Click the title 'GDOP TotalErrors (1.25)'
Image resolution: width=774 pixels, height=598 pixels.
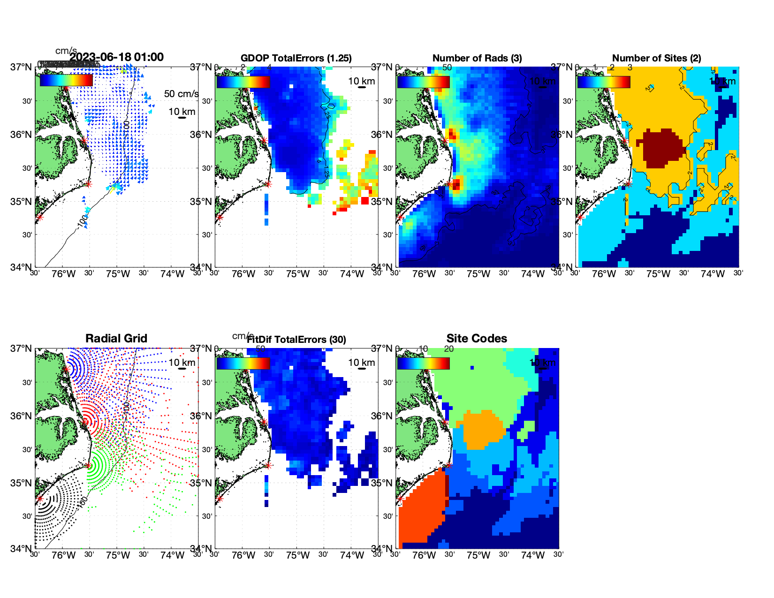pyautogui.click(x=296, y=58)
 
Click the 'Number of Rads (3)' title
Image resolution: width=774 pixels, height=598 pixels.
pyautogui.click(x=477, y=58)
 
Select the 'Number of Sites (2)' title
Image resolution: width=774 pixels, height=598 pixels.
pyautogui.click(x=656, y=58)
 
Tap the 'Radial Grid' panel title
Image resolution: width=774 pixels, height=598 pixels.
pyautogui.click(x=116, y=339)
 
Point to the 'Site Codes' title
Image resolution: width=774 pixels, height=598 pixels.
pyautogui.click(x=477, y=339)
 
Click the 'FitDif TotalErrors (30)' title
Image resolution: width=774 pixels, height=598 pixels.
pyautogui.click(x=296, y=340)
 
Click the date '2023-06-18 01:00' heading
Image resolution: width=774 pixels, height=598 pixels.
pyautogui.click(x=117, y=57)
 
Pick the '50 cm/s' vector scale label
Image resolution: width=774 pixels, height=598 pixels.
pyautogui.click(x=181, y=94)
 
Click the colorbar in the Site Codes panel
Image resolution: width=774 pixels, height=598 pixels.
pyautogui.click(x=423, y=363)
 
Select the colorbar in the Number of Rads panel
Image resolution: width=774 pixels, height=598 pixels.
pyautogui.click(x=423, y=82)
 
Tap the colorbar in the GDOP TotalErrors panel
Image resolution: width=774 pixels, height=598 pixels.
pyautogui.click(x=243, y=82)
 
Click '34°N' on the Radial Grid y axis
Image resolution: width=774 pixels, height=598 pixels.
pyautogui.click(x=21, y=548)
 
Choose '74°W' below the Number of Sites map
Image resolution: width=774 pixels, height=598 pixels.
pyautogui.click(x=713, y=274)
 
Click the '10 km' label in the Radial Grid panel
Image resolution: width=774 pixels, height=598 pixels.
pyautogui.click(x=182, y=363)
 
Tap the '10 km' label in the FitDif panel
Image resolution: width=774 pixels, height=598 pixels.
pyautogui.click(x=361, y=363)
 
